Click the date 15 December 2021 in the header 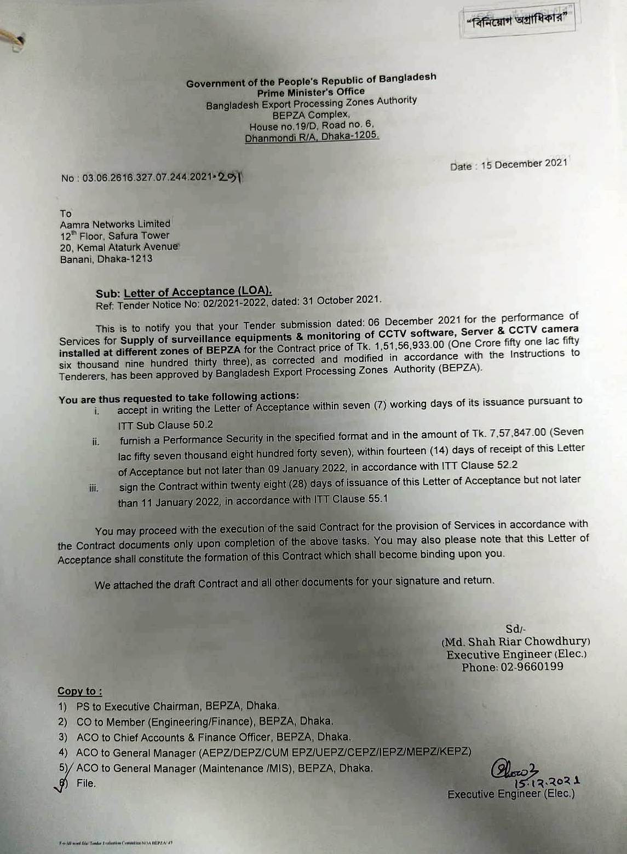tap(524, 164)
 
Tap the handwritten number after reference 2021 tap(229, 177)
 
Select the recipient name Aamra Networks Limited tap(115, 224)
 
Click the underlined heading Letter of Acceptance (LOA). tap(198, 292)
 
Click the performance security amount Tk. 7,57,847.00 tap(501, 433)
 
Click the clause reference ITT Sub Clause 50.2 tap(165, 425)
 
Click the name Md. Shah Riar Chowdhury tap(516, 642)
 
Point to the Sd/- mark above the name tap(515, 629)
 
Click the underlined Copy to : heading tap(80, 691)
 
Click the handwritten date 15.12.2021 tap(547, 782)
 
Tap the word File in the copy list tap(86, 783)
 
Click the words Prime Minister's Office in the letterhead tap(310, 92)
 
